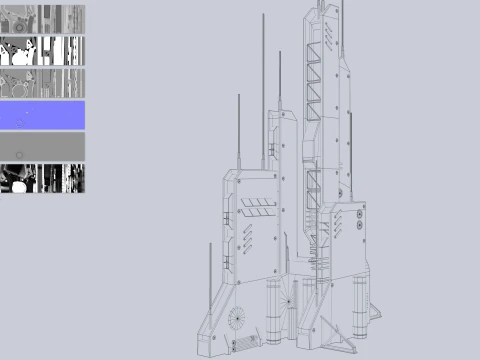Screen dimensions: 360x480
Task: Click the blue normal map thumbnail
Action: [42, 115]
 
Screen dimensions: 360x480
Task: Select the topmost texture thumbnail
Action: [42, 20]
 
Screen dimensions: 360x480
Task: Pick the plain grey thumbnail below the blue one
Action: [42, 147]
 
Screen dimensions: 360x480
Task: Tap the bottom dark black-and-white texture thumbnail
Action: [42, 179]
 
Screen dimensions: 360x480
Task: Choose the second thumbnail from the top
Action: [42, 52]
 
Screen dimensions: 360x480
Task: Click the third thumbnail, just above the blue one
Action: [42, 83]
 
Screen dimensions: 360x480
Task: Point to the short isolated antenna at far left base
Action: [209, 270]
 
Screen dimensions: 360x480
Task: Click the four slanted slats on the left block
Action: [258, 207]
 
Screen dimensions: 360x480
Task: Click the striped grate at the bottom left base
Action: [243, 346]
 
